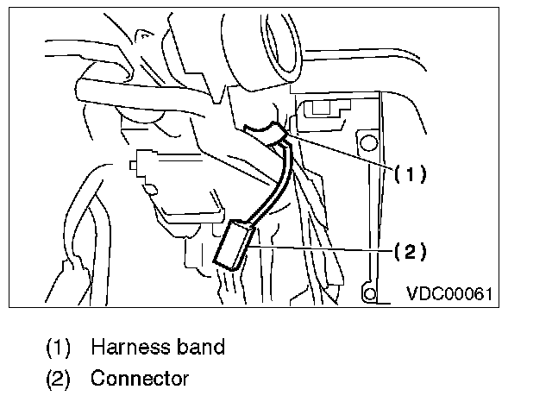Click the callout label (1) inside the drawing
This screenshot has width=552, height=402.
tap(411, 173)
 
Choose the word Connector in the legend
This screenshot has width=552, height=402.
tap(140, 378)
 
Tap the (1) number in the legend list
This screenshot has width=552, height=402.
tap(59, 347)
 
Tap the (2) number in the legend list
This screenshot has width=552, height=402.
tap(59, 378)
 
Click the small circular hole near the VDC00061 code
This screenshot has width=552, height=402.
tap(370, 294)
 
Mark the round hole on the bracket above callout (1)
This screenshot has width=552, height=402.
tap(369, 140)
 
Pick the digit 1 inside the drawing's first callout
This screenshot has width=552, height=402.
tap(411, 173)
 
